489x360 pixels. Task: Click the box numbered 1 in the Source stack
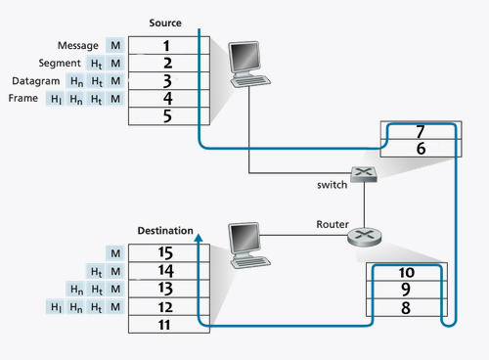point(166,45)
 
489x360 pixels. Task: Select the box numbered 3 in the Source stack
point(166,80)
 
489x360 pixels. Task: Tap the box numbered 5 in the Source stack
point(166,115)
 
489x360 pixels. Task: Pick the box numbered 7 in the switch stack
point(421,131)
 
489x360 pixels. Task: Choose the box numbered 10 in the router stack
point(407,272)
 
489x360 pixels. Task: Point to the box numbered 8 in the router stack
point(407,307)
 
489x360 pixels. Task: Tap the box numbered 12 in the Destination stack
point(166,306)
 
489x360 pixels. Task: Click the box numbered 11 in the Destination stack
point(166,324)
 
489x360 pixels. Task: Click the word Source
point(164,22)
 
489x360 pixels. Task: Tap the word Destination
point(162,231)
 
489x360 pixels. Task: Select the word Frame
point(22,99)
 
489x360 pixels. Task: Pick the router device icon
point(365,236)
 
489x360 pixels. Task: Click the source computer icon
point(246,65)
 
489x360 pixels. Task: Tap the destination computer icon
point(245,242)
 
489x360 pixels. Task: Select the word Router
point(333,224)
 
